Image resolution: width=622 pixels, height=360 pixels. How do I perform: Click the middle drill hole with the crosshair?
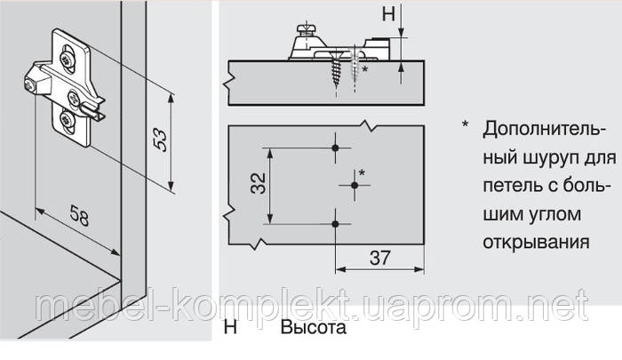(x=355, y=185)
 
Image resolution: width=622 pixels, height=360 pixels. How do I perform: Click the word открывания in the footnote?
(x=533, y=241)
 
